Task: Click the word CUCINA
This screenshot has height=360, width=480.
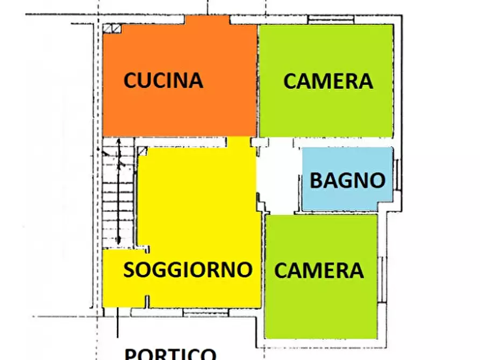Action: (x=163, y=80)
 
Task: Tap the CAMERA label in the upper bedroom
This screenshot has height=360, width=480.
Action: (x=328, y=81)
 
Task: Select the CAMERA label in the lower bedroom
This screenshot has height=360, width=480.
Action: (x=319, y=270)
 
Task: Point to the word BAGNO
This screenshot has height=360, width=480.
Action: (x=348, y=181)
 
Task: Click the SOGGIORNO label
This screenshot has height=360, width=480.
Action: (x=188, y=270)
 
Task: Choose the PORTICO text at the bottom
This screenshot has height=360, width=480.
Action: (x=170, y=354)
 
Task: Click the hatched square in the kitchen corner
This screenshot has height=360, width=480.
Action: (x=111, y=30)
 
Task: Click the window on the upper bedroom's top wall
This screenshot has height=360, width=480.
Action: (x=331, y=20)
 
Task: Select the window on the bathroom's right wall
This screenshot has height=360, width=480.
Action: (x=397, y=174)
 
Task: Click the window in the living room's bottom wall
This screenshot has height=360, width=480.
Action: (x=198, y=312)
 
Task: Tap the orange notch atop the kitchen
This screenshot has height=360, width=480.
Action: (x=207, y=20)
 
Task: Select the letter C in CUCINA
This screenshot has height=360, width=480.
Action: (x=131, y=81)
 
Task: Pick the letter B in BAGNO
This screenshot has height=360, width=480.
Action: (x=317, y=181)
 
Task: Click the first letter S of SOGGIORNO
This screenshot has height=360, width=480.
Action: (x=130, y=270)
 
